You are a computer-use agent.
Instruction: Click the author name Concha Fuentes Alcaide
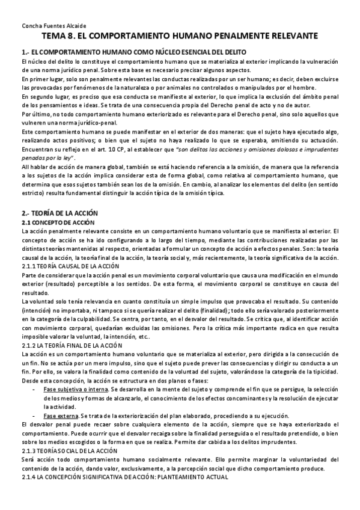point(49,26)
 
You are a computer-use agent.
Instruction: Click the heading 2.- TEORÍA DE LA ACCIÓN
point(59,213)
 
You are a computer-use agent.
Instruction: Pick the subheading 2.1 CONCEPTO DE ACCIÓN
point(54,223)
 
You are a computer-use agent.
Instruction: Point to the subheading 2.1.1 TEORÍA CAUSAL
point(70,266)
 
